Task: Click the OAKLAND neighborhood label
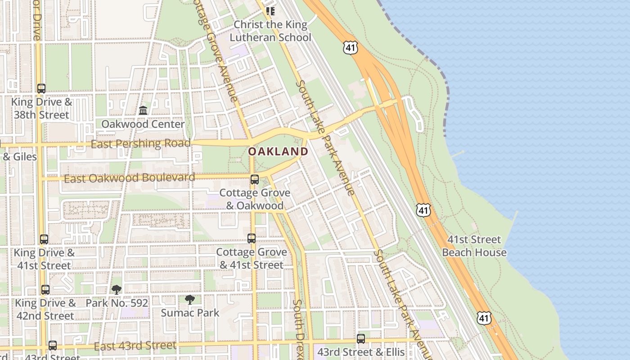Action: pos(278,152)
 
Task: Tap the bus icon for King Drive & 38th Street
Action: pos(41,89)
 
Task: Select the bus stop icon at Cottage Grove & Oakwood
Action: pos(255,180)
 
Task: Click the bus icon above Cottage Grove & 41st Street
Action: pos(252,238)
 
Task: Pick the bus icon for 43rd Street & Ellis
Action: pos(361,338)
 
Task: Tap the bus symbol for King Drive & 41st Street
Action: pos(44,239)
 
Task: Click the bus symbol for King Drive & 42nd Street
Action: pos(45,290)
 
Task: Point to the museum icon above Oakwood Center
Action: pos(143,110)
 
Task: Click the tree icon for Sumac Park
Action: pos(190,299)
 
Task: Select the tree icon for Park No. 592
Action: pos(117,290)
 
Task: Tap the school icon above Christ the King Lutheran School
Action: pos(270,11)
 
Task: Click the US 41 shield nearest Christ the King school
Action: pos(350,48)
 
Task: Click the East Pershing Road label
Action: pos(140,144)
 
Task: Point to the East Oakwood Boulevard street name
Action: pos(130,178)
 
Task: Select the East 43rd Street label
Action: pos(135,346)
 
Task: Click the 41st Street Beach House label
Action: pos(474,246)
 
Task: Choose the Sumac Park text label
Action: pos(190,312)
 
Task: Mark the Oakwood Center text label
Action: pos(143,124)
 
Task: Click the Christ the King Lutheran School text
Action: pos(270,31)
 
